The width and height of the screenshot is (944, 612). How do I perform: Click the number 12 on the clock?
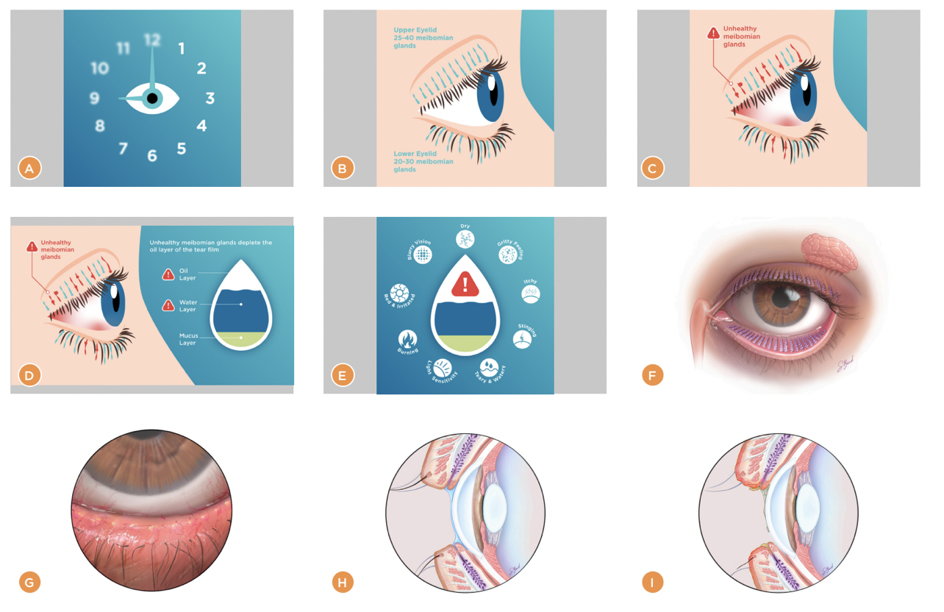click(152, 40)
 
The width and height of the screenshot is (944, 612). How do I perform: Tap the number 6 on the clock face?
click(151, 155)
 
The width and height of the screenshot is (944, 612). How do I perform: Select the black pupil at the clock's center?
click(152, 98)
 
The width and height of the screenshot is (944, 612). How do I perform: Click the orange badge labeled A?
click(29, 168)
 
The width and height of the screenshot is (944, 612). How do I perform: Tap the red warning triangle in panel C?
click(713, 33)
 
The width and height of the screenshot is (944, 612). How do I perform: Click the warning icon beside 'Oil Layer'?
click(168, 274)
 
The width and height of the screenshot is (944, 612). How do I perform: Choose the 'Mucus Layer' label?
click(188, 339)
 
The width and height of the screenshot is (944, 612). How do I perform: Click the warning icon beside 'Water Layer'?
click(168, 304)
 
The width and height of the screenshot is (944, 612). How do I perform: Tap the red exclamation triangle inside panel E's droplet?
click(465, 284)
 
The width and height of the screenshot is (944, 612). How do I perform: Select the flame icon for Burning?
click(408, 338)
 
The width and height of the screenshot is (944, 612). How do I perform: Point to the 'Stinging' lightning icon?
click(522, 339)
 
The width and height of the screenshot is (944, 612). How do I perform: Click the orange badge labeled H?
click(343, 583)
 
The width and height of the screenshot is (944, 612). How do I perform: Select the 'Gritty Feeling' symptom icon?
click(508, 255)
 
